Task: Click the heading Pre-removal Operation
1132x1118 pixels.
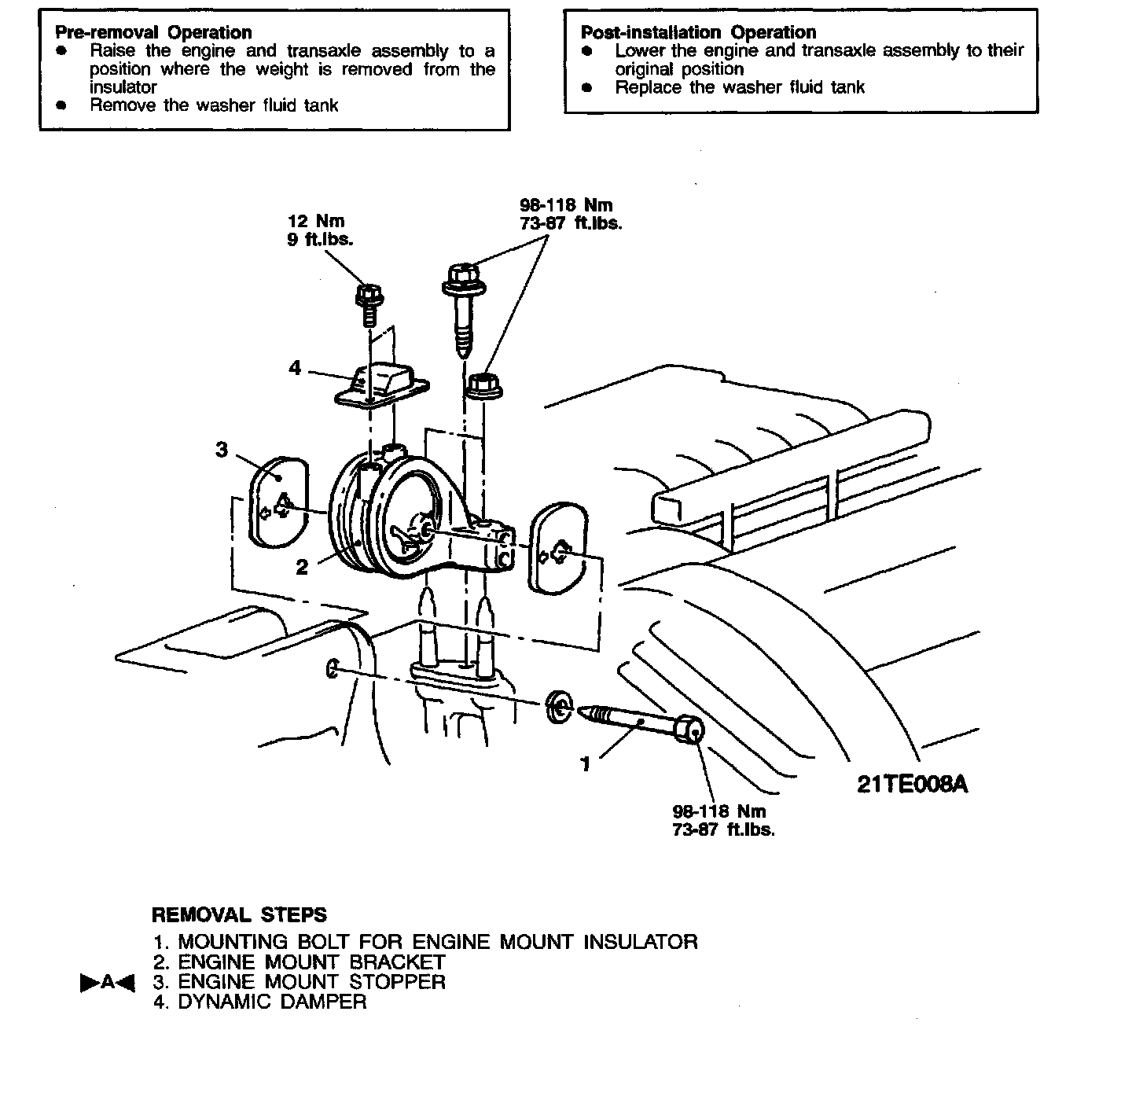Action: coord(153,32)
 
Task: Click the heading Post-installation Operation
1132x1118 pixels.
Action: coord(698,32)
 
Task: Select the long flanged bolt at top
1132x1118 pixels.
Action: coord(464,307)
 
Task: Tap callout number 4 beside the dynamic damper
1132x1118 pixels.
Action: coord(295,368)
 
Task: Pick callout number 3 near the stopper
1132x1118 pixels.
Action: coord(222,450)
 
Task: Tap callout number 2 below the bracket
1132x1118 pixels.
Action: coord(302,567)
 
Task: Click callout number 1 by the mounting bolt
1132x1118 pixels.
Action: coord(585,764)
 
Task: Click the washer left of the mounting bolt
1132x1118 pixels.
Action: coord(558,705)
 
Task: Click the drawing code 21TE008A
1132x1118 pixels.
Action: coord(912,784)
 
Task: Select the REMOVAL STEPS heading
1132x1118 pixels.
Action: coord(239,914)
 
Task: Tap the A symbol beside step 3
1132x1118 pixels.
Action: coord(108,983)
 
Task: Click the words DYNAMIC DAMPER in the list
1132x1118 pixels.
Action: coord(272,1002)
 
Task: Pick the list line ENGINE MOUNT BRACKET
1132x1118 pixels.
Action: coord(311,962)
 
